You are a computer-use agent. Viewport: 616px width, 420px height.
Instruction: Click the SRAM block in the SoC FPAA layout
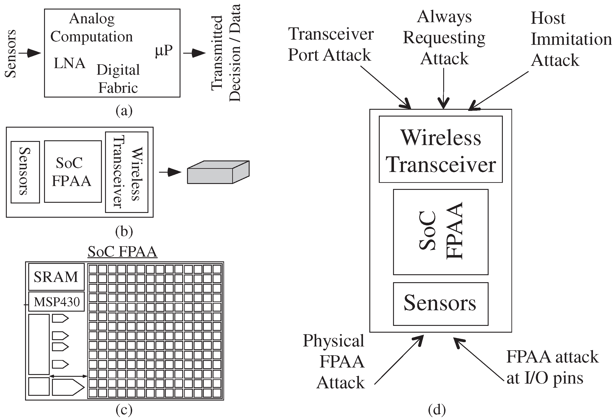click(x=56, y=277)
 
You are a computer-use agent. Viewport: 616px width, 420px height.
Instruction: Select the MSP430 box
click(x=56, y=302)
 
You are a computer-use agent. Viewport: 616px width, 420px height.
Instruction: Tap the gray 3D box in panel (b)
click(x=218, y=172)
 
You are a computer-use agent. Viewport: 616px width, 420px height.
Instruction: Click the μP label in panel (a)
click(x=164, y=50)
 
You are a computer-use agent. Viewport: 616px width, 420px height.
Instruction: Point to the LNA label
click(x=70, y=63)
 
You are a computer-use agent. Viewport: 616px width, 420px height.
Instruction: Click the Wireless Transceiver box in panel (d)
click(x=440, y=149)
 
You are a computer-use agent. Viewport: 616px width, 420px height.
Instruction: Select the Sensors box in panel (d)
click(x=440, y=304)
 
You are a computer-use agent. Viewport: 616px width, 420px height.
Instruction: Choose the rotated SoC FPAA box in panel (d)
click(x=440, y=232)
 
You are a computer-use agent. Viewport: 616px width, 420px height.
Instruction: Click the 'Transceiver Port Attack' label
click(x=330, y=44)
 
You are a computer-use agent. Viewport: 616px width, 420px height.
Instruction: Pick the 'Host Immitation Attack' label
click(x=571, y=39)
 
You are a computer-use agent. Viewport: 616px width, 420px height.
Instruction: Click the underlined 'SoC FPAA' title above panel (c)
click(x=122, y=251)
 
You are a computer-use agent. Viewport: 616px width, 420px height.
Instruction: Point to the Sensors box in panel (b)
click(x=25, y=172)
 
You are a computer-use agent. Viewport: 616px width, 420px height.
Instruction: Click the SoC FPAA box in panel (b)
click(x=73, y=172)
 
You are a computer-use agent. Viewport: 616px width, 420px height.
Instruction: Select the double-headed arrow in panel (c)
click(x=68, y=376)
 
